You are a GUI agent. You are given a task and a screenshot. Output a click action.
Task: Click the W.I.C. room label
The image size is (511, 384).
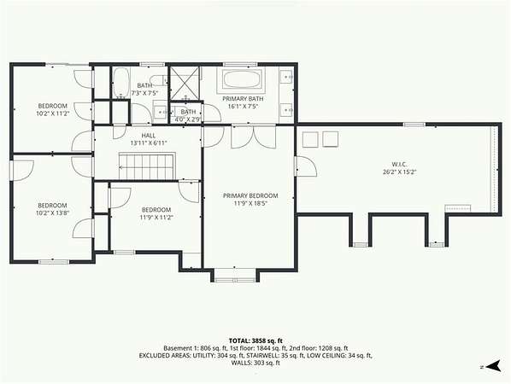(400, 165)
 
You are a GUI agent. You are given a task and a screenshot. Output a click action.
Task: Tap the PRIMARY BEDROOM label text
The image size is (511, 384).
(250, 195)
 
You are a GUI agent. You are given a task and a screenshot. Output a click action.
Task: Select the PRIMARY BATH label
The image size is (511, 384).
(243, 99)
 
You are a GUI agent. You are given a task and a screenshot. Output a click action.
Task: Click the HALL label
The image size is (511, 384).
(149, 136)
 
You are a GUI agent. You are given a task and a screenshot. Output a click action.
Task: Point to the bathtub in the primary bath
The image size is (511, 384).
(242, 79)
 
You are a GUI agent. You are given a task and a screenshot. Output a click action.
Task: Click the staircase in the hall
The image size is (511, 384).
(147, 166)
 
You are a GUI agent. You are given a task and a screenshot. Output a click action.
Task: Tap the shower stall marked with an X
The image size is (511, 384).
(185, 83)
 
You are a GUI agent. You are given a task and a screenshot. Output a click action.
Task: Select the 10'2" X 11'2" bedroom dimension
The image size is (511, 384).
(53, 113)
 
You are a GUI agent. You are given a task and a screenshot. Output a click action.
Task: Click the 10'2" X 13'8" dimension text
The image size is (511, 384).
(53, 213)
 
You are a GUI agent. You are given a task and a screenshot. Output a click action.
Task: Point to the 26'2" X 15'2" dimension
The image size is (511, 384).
(400, 172)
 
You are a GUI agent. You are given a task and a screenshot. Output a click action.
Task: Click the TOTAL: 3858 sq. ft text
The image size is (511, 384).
(255, 341)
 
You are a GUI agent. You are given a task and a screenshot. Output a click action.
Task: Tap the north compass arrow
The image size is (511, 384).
(493, 366)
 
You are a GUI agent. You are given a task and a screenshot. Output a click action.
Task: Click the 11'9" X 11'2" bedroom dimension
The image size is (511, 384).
(156, 218)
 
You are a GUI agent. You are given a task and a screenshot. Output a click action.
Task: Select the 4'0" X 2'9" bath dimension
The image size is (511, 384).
(188, 119)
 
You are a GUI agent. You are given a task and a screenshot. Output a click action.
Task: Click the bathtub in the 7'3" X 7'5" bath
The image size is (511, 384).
(120, 83)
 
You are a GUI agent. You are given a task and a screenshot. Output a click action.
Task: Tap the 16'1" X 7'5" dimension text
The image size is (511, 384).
(243, 106)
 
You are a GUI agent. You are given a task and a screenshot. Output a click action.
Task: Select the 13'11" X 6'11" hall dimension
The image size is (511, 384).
(149, 143)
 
